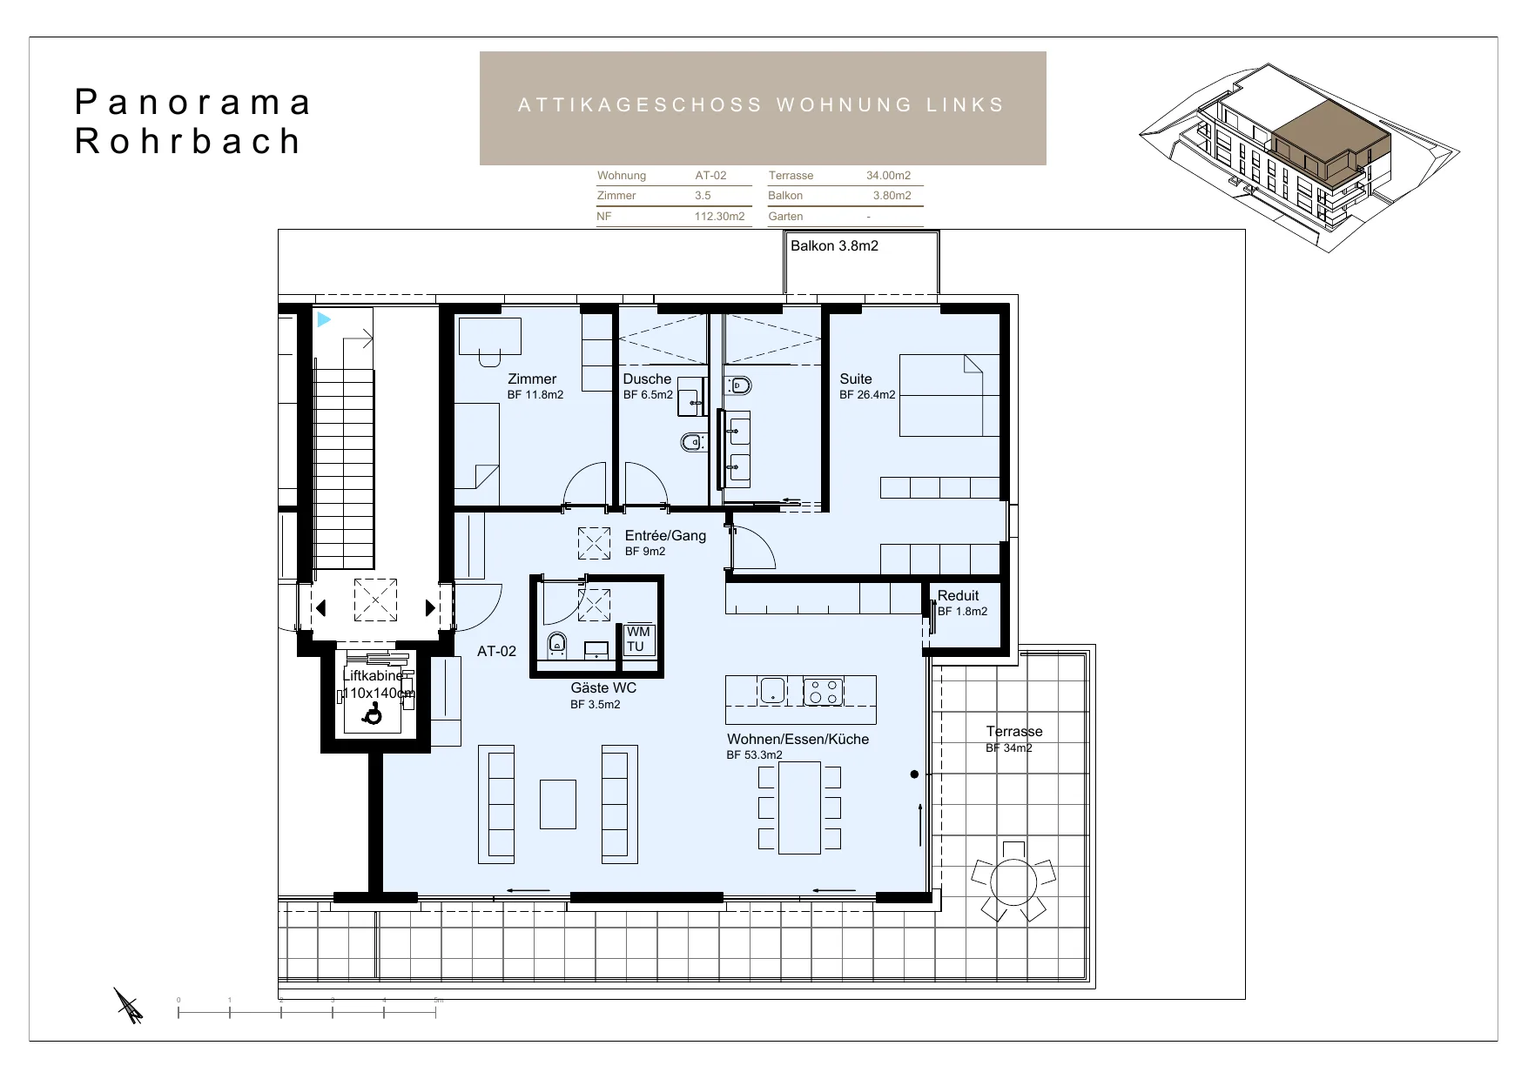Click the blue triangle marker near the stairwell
(x=323, y=320)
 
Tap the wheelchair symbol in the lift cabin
(x=373, y=714)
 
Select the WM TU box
(x=637, y=640)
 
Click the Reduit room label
(x=958, y=595)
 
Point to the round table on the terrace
(x=1013, y=881)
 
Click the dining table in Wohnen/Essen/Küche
(x=799, y=808)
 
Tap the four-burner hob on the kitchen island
(x=822, y=692)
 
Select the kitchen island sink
(x=772, y=691)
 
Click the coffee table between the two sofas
(x=558, y=804)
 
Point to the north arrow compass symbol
(x=129, y=1005)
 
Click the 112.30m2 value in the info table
(x=719, y=217)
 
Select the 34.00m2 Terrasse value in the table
(x=888, y=176)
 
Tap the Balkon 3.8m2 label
(x=834, y=246)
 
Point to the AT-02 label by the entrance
(x=496, y=651)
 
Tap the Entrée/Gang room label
(x=665, y=536)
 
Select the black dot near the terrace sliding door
(x=914, y=774)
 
